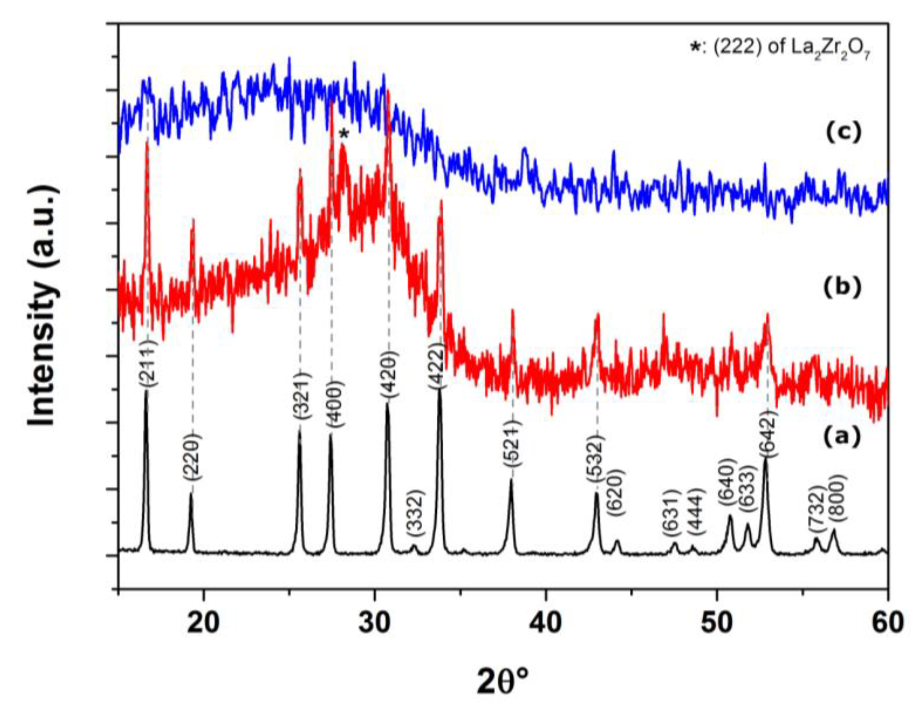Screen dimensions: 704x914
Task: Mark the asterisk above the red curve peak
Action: click(344, 134)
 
